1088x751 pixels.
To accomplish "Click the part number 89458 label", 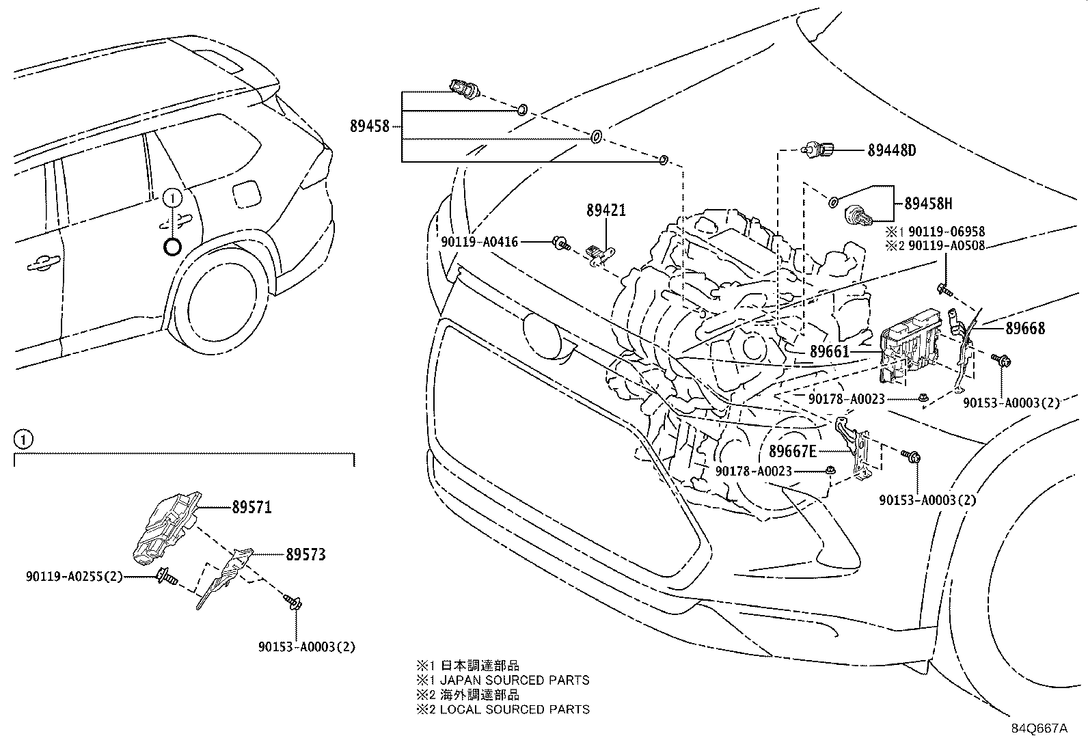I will click(x=369, y=126).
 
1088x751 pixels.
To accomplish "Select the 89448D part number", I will click(x=892, y=150).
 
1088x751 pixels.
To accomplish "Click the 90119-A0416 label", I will click(x=480, y=242).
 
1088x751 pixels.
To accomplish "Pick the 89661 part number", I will click(x=829, y=352).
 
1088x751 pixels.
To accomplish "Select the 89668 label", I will click(x=1025, y=329).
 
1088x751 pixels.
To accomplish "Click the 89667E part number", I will click(x=793, y=451).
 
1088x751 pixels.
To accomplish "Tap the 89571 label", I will click(x=251, y=507).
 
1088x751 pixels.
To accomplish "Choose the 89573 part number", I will click(x=305, y=554).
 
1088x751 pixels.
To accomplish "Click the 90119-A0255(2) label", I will click(x=74, y=577).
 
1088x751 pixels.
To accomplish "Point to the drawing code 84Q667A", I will click(x=1039, y=728).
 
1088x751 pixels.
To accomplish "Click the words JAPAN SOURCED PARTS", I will click(x=514, y=680).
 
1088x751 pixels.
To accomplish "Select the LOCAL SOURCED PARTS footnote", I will click(x=514, y=709).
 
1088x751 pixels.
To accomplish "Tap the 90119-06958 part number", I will click(x=947, y=232).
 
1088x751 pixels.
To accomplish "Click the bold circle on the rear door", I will click(x=172, y=246).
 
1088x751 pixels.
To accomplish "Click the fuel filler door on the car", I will click(x=246, y=193).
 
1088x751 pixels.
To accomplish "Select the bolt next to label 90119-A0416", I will click(x=562, y=243).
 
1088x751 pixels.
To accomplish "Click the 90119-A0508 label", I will click(x=947, y=245).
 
